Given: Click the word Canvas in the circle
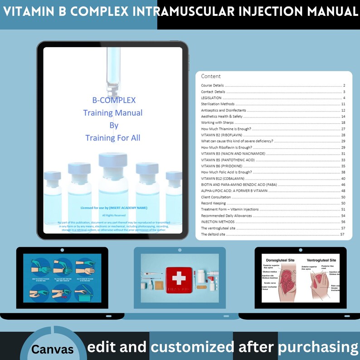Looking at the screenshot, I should coord(53,350).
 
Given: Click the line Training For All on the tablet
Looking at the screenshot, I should coord(112,137).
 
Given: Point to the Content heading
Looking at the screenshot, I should coord(211,76).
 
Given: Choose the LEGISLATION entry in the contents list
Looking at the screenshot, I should coord(211,98).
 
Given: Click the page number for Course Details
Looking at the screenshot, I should coord(345,86).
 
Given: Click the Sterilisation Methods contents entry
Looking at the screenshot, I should coord(218,104).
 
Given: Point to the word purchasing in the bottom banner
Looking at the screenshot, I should coord(318,347).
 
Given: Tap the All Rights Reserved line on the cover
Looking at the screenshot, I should coord(113,215).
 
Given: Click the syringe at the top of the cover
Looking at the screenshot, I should coord(112,68).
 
